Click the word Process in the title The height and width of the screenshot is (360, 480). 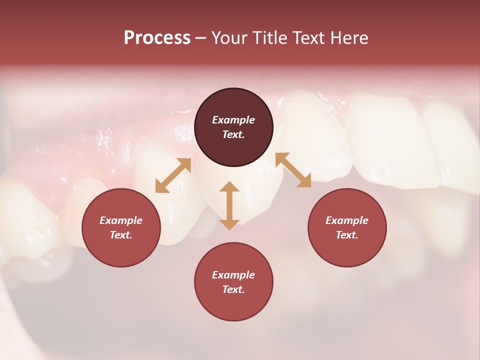157,38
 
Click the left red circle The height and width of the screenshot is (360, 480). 121,227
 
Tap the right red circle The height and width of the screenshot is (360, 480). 347,227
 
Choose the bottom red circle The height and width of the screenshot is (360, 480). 233,281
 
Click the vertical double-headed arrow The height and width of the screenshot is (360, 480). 229,205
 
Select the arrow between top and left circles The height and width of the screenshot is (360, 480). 173,175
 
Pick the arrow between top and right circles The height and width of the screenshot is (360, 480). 293,170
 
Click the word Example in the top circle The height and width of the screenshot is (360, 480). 233,120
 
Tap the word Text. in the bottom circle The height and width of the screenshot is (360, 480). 233,289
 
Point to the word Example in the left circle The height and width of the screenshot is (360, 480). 121,220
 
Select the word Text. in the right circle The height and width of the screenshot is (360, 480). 347,235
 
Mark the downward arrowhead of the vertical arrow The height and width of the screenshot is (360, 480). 229,224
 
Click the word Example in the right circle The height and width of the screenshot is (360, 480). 347,220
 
